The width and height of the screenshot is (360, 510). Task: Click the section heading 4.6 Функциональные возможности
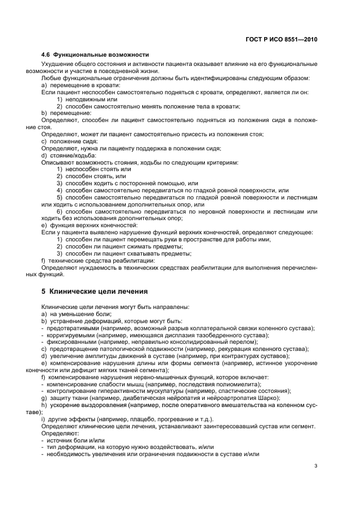pyautogui.click(x=95, y=55)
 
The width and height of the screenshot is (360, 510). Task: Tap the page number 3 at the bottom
pyautogui.click(x=316, y=465)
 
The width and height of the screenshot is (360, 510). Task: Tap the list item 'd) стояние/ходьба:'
pyautogui.click(x=68, y=155)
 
